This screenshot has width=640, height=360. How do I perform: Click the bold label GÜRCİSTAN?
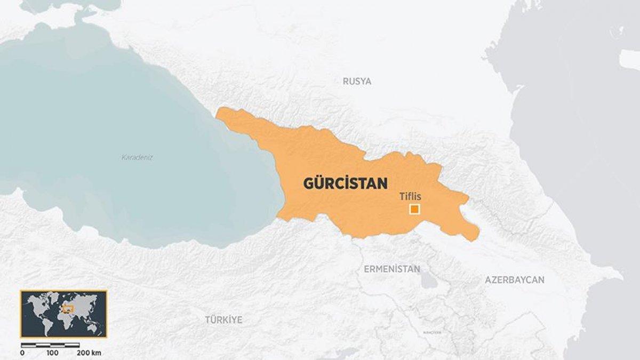tap(345, 183)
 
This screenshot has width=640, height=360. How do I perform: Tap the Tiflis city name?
tap(410, 197)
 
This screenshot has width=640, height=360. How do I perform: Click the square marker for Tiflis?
tap(414, 210)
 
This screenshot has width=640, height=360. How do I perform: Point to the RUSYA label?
tap(357, 82)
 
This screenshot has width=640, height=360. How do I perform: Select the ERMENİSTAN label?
tap(391, 269)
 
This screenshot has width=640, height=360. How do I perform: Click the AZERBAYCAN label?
tap(514, 279)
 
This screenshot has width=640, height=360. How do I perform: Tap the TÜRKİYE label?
tap(223, 320)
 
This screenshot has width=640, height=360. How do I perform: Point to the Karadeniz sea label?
tap(137, 157)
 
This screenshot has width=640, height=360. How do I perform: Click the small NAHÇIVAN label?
tap(432, 332)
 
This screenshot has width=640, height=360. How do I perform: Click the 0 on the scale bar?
tap(22, 353)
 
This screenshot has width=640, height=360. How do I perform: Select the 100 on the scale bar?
tap(52, 353)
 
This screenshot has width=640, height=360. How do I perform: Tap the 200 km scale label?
tap(89, 353)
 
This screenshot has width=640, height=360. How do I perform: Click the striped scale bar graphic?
tap(50, 345)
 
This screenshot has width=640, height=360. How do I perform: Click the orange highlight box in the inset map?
tap(67, 309)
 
